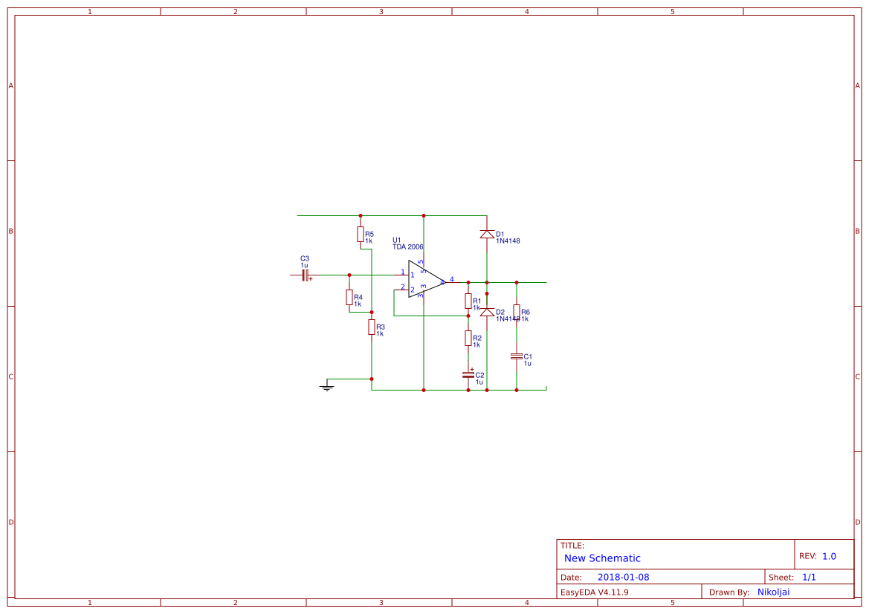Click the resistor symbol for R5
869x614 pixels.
pyautogui.click(x=361, y=235)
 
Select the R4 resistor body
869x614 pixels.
pyautogui.click(x=349, y=298)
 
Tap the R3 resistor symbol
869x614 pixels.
pyautogui.click(x=372, y=327)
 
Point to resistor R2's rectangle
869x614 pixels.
pyautogui.click(x=468, y=339)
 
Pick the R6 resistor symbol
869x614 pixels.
pyautogui.click(x=517, y=312)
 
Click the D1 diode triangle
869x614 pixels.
pyautogui.click(x=487, y=235)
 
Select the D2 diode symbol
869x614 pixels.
pyautogui.click(x=487, y=312)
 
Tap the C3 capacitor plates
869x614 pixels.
pyautogui.click(x=305, y=275)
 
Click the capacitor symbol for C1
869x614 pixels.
pyautogui.click(x=517, y=357)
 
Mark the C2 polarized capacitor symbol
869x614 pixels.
pyautogui.click(x=468, y=374)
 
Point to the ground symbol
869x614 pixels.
pyautogui.click(x=326, y=387)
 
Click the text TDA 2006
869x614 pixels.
pyautogui.click(x=408, y=247)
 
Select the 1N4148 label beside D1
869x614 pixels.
pyautogui.click(x=508, y=241)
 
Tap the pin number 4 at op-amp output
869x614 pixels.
pyautogui.click(x=452, y=279)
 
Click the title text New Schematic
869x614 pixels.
pyautogui.click(x=602, y=558)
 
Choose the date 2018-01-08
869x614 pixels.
pyautogui.click(x=623, y=578)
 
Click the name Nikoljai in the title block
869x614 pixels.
pyautogui.click(x=773, y=592)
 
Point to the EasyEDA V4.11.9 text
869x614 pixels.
pyautogui.click(x=594, y=592)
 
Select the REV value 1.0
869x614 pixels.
pyautogui.click(x=829, y=556)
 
